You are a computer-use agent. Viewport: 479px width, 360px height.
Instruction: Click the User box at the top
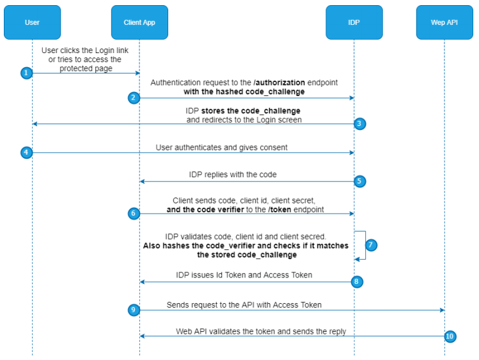pos(32,22)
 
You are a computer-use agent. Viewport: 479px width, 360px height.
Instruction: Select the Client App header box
pos(139,22)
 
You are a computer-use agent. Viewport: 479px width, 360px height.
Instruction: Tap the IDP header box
pos(354,22)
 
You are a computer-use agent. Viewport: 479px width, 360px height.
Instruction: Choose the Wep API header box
pos(444,22)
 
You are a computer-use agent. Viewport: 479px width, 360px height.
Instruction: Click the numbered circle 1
pos(26,73)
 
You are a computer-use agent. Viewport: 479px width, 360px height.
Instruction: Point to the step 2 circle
pos(133,98)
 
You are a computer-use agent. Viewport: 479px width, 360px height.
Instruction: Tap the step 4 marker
pos(26,153)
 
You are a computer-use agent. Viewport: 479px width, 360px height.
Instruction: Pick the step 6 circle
pos(133,214)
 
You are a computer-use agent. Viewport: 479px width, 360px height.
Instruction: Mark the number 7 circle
pos(372,245)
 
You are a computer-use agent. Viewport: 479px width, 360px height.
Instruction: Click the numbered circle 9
pos(133,310)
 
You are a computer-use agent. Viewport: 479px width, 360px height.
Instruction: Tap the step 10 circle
pos(450,336)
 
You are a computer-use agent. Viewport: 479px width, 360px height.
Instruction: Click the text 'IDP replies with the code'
pos(233,174)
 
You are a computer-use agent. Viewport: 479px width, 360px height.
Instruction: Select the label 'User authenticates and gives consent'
pos(221,147)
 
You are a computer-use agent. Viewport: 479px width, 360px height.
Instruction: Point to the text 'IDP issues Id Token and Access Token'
pos(244,275)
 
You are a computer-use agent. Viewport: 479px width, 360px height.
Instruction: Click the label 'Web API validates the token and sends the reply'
pos(261,331)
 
